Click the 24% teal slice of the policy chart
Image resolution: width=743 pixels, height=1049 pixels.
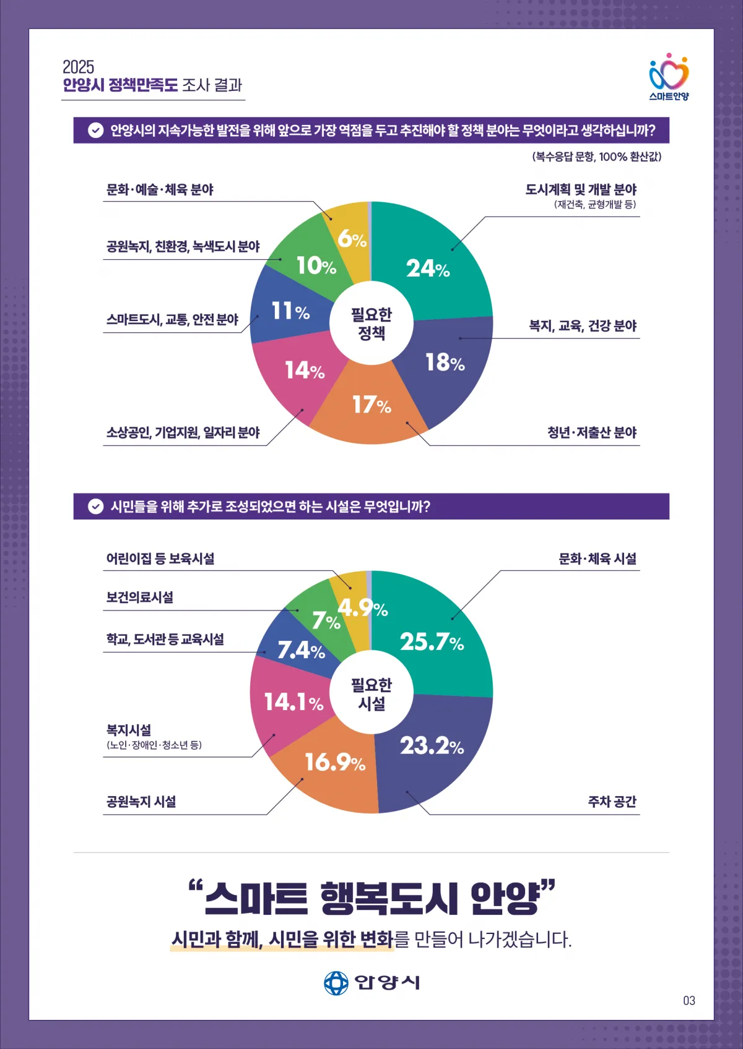pos(428,268)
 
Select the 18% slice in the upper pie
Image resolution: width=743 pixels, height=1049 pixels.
pos(445,362)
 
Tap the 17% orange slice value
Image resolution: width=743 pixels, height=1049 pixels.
pos(371,405)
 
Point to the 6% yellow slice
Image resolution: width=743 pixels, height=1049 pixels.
pos(352,238)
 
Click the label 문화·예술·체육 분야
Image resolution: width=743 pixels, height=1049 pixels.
pos(160,189)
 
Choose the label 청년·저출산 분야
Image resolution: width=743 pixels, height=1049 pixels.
pos(591,432)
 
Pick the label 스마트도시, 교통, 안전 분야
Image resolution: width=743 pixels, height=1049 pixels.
pos(172,319)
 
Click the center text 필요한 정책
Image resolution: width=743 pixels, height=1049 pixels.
pos(371,323)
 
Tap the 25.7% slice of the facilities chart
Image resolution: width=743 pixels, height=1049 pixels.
pos(432,641)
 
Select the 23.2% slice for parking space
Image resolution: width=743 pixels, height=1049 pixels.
pos(432,745)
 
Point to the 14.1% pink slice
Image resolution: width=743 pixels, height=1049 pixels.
pos(293,701)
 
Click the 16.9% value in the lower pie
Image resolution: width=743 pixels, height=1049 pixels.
pos(335,762)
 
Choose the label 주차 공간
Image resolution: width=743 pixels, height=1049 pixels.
pos(612,802)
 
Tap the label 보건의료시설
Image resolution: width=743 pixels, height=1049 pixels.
pos(140,597)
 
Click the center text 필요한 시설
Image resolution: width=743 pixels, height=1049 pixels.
pos(371,694)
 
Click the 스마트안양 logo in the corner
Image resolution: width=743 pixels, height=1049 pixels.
pos(669,77)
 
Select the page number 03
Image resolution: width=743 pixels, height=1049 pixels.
pos(689,1000)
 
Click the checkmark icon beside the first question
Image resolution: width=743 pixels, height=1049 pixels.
pos(95,131)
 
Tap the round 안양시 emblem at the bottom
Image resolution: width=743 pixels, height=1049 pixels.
pos(336,982)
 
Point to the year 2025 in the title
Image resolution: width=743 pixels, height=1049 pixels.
pos(79,67)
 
